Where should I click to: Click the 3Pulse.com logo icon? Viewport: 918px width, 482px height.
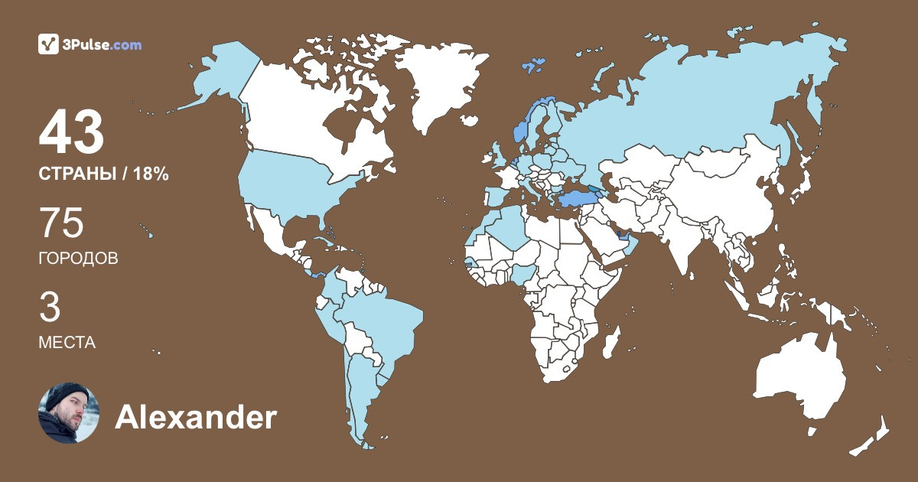tap(48, 44)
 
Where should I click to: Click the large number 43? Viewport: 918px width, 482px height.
tap(71, 132)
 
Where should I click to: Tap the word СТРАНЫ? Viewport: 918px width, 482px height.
tap(76, 174)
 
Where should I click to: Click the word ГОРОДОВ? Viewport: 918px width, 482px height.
tap(78, 259)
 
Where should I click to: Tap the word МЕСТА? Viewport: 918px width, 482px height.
tap(67, 343)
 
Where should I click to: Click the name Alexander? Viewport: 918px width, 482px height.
tap(195, 418)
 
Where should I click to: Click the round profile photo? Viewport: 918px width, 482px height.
tap(69, 413)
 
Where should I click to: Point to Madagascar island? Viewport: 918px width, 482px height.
tap(610, 341)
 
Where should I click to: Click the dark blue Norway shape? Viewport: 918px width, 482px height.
tap(521, 130)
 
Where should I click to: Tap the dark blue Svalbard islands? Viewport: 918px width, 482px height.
tap(533, 64)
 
